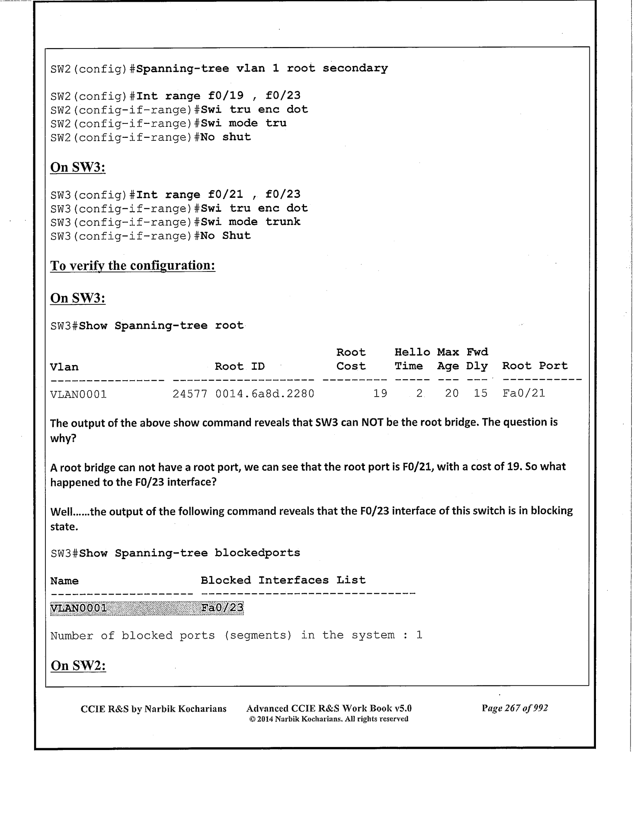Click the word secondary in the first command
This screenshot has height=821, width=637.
[355, 68]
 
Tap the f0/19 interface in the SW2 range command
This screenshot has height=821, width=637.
[226, 96]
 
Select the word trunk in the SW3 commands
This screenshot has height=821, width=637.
[283, 222]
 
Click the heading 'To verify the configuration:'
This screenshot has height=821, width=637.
[133, 265]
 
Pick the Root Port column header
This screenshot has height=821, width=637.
[535, 366]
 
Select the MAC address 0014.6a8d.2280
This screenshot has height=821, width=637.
[265, 394]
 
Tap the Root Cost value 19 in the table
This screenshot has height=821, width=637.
[380, 394]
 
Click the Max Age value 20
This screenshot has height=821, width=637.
[451, 394]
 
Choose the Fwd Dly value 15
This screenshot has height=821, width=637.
[480, 394]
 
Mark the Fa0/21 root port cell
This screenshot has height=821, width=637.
[524, 394]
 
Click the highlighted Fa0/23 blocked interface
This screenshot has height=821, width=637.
[222, 608]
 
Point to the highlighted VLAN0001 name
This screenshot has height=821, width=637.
[79, 608]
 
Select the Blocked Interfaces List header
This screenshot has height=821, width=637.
[283, 580]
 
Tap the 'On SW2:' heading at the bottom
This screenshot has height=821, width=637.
[78, 666]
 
